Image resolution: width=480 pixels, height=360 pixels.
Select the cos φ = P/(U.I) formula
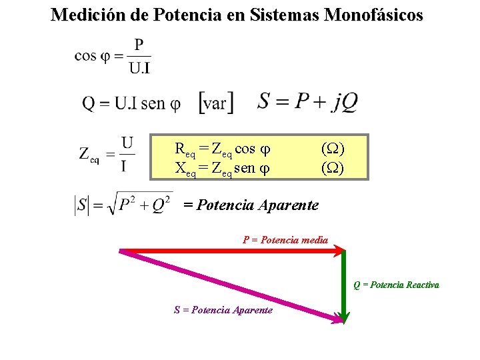click(113, 57)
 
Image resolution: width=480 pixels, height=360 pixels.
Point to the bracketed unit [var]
click(217, 103)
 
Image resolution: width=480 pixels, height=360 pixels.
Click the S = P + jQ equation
click(308, 101)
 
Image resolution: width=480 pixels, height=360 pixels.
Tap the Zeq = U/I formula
click(107, 154)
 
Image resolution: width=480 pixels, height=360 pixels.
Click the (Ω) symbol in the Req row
click(333, 148)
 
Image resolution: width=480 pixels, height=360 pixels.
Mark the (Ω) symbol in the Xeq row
click(333, 168)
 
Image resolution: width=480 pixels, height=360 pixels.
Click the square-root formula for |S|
click(124, 205)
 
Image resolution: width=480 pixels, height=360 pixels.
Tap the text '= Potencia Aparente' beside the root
click(251, 205)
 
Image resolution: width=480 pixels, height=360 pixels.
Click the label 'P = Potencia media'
click(285, 240)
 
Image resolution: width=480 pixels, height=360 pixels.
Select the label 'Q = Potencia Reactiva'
click(396, 285)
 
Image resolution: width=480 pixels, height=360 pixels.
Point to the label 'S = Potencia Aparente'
click(223, 310)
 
